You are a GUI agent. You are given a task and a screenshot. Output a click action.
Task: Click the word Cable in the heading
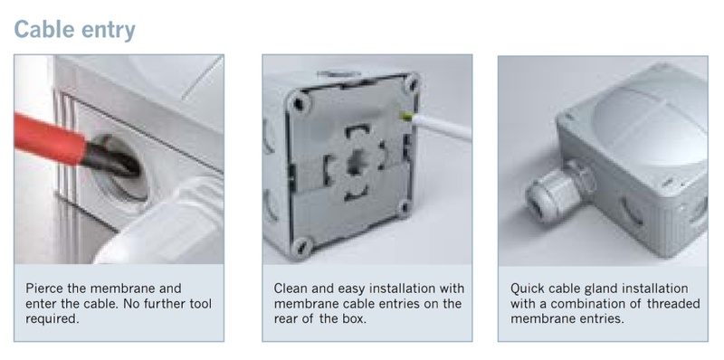point(44,30)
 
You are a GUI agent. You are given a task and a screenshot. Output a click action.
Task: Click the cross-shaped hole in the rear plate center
point(356,164)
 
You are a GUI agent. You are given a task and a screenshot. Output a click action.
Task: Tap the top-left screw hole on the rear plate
point(299,103)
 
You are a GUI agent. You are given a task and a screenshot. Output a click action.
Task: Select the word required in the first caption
point(52,319)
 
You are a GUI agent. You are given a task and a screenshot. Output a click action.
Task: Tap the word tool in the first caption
point(201,304)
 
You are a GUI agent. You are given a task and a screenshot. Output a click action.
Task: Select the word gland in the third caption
point(600,289)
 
